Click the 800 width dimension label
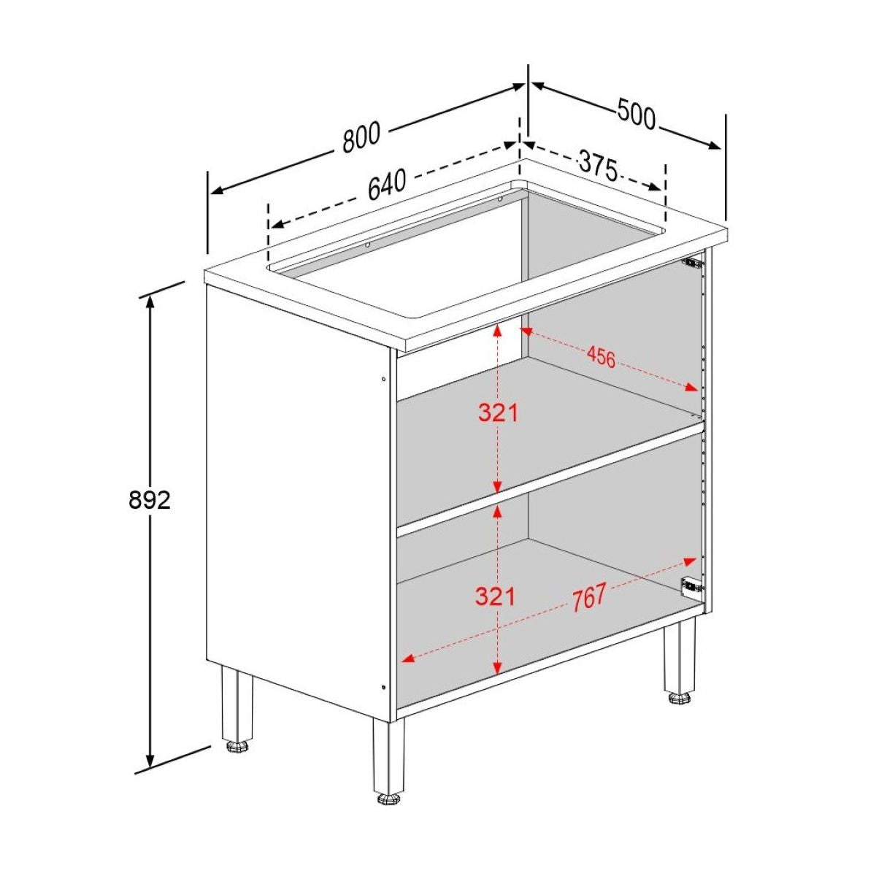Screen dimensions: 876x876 point(362,138)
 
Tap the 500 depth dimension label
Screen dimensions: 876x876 point(637,115)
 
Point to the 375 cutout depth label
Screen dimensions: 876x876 point(598,165)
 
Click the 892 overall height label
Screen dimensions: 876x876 point(149,500)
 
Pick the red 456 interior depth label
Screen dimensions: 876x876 point(601,357)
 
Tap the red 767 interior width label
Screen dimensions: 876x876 point(588,596)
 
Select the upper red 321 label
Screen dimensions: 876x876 point(498,413)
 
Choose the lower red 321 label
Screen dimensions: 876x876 point(496,596)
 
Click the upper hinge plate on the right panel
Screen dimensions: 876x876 point(691,261)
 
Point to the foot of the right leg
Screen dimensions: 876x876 point(679,698)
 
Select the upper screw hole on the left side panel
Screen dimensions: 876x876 point(384,378)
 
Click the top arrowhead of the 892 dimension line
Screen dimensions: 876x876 point(150,300)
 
